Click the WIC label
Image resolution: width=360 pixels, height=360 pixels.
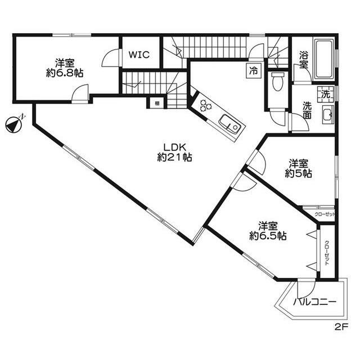(x=138, y=55)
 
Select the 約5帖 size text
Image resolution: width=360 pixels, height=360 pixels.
(x=298, y=174)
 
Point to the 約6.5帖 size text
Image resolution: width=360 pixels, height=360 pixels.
(x=268, y=236)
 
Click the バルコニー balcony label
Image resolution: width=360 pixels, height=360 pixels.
(x=315, y=303)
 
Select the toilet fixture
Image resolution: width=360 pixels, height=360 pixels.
(x=276, y=82)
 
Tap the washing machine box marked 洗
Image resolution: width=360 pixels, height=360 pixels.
(x=325, y=94)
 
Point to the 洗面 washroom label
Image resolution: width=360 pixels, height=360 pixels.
(x=308, y=110)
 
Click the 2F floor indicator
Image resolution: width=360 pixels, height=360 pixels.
(x=341, y=326)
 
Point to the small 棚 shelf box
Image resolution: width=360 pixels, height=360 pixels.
(x=154, y=103)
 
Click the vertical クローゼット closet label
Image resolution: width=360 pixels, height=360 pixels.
(x=327, y=253)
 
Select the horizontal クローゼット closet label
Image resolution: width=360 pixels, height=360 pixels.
(x=325, y=214)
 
